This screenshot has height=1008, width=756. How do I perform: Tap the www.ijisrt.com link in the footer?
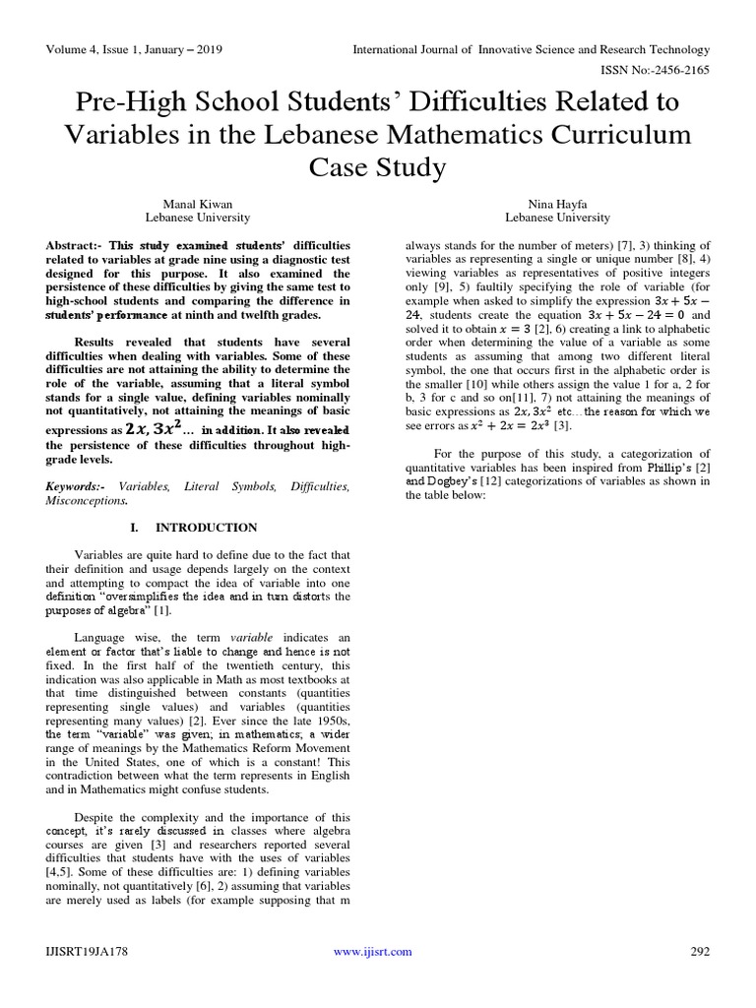click(x=372, y=951)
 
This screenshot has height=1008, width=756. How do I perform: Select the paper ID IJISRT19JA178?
click(x=87, y=951)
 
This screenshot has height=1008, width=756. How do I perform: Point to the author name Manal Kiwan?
click(x=198, y=202)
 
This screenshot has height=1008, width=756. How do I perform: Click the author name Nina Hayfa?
click(x=557, y=202)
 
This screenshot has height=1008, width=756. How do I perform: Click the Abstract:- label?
click(x=75, y=244)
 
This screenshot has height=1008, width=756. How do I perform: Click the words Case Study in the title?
click(x=378, y=167)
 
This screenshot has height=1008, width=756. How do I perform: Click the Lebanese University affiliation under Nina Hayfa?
click(x=557, y=217)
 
